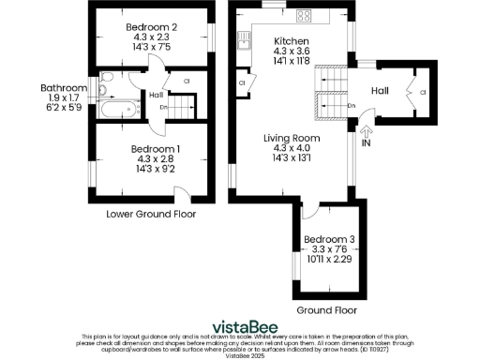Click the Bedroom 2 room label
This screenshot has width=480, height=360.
(x=153, y=28)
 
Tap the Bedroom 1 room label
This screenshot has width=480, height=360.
(x=153, y=149)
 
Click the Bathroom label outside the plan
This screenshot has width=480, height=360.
(x=63, y=88)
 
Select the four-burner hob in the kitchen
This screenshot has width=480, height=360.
(x=305, y=16)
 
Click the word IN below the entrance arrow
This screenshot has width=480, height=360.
(x=366, y=145)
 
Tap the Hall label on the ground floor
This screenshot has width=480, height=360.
(x=381, y=90)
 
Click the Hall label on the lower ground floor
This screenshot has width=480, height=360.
(x=155, y=94)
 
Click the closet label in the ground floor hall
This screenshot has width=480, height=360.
(x=423, y=92)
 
